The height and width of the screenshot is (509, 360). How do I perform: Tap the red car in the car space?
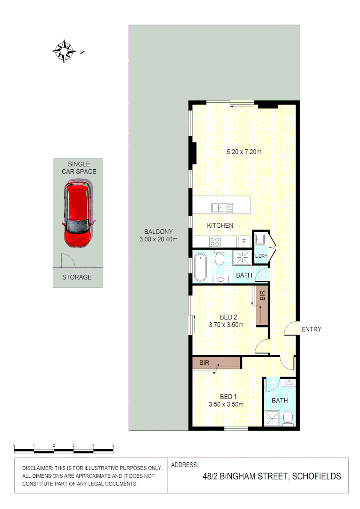point(78,216)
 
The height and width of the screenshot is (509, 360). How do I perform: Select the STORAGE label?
point(77,277)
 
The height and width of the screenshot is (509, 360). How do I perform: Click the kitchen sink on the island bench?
point(222,207)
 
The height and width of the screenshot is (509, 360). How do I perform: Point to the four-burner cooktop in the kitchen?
point(215,241)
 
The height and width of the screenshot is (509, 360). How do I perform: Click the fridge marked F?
point(244,242)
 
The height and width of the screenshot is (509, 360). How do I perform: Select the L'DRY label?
point(261,256)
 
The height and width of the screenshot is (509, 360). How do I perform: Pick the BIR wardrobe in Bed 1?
point(216,363)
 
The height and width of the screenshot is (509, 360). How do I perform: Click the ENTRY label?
point(311,329)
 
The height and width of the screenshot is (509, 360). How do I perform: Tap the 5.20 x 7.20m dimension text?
point(244,152)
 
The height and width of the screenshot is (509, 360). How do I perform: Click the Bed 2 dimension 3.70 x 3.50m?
point(226,325)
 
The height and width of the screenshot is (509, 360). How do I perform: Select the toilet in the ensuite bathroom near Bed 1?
point(289,417)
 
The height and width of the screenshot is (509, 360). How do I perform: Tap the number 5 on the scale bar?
point(113,445)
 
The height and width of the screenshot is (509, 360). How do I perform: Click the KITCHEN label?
point(220,226)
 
